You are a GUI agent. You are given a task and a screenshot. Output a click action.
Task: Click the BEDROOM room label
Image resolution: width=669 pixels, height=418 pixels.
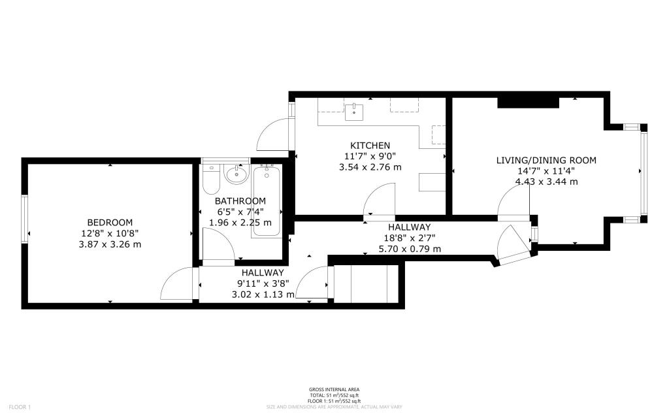click(x=110, y=222)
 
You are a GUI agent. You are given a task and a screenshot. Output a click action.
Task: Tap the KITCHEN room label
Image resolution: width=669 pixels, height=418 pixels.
click(x=370, y=145)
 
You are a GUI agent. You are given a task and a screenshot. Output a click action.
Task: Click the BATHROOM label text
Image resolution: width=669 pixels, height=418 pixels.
click(x=241, y=201)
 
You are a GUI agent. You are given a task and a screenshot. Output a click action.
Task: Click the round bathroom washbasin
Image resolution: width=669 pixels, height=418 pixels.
click(x=235, y=174)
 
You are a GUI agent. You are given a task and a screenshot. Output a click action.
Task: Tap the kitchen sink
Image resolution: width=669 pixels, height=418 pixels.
click(x=355, y=109)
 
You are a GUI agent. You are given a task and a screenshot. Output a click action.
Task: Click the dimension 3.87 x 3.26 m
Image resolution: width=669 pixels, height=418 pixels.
click(x=110, y=244)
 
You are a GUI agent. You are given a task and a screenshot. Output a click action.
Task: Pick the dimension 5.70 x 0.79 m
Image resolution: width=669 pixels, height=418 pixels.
click(x=410, y=249)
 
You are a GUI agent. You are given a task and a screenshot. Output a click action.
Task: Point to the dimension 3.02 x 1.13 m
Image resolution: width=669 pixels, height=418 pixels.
click(x=263, y=295)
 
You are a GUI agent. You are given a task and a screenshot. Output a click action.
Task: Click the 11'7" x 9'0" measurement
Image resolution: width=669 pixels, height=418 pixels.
click(x=370, y=156)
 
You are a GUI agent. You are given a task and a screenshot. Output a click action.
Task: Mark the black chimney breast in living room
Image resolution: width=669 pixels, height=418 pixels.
click(x=528, y=103)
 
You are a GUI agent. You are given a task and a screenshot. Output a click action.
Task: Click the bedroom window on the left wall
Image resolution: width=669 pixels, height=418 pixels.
click(x=25, y=219)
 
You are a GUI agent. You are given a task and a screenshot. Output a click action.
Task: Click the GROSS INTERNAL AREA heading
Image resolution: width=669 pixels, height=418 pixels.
click(x=334, y=390)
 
